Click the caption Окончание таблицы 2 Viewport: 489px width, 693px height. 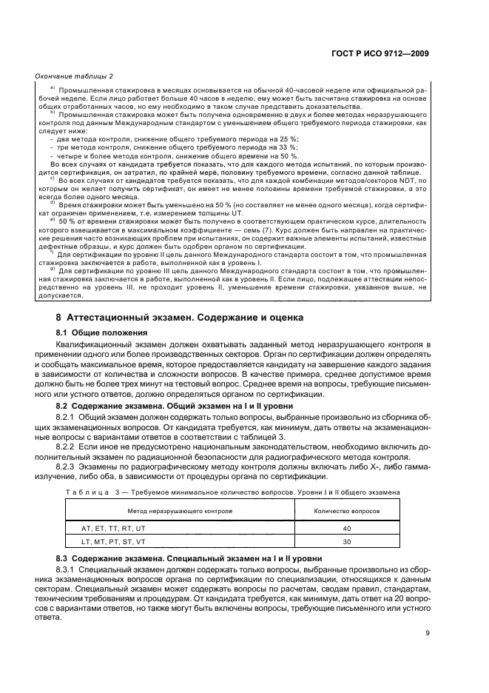click(70, 76)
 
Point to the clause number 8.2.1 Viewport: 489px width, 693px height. click(67, 418)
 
